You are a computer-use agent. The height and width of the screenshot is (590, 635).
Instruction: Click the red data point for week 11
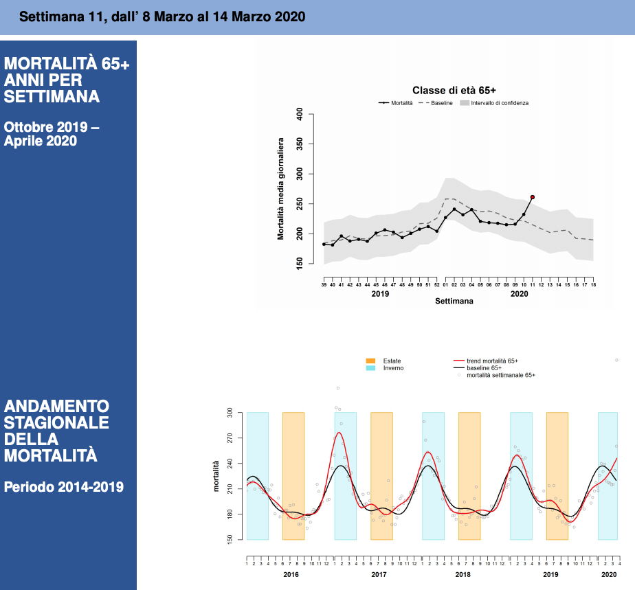[533, 197]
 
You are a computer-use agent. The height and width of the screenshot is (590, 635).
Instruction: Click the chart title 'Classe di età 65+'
[454, 91]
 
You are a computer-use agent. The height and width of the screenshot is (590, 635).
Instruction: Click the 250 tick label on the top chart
[300, 205]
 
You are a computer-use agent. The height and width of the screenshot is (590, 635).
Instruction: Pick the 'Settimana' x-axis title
[454, 300]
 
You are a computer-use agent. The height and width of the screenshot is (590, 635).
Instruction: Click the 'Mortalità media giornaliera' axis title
[280, 188]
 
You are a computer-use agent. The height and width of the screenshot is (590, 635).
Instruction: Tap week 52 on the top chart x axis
[437, 284]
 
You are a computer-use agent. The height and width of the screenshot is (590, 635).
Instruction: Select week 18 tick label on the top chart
[593, 284]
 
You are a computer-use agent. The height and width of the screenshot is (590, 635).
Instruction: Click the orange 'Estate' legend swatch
[370, 361]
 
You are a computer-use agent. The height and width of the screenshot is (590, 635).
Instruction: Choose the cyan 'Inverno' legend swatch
[370, 368]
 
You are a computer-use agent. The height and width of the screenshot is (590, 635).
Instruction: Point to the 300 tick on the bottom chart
[230, 413]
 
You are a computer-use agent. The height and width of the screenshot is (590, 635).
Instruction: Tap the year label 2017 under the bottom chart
[378, 574]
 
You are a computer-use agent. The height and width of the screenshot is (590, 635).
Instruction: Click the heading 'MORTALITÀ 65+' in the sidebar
[67, 64]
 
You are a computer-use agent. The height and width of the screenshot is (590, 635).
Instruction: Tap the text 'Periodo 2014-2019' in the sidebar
[64, 487]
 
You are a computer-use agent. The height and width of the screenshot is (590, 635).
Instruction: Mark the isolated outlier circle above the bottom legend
[616, 360]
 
